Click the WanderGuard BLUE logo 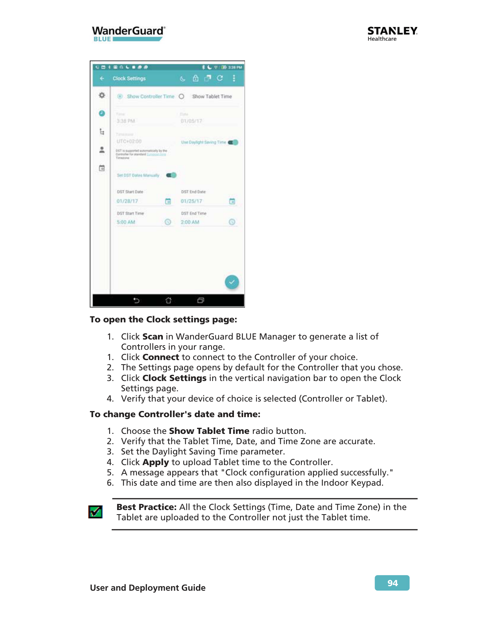[x=129, y=33]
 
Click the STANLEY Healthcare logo [x=392, y=33]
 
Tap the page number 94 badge [x=392, y=583]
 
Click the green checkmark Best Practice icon [x=95, y=512]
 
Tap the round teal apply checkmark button [x=232, y=282]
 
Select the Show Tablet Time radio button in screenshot [x=182, y=97]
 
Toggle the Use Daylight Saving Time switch [x=234, y=142]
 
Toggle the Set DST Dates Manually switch [x=172, y=175]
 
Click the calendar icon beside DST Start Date [x=168, y=201]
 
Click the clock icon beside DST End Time [x=232, y=222]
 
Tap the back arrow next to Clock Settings [x=102, y=78]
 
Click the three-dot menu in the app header [x=234, y=78]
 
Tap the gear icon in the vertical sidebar [x=102, y=95]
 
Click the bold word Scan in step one [x=153, y=336]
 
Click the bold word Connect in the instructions [x=161, y=357]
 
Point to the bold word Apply [x=155, y=462]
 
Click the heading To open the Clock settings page [x=163, y=319]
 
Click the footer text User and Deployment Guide [x=148, y=588]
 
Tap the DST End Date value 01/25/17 [x=191, y=201]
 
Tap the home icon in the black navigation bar [x=169, y=300]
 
